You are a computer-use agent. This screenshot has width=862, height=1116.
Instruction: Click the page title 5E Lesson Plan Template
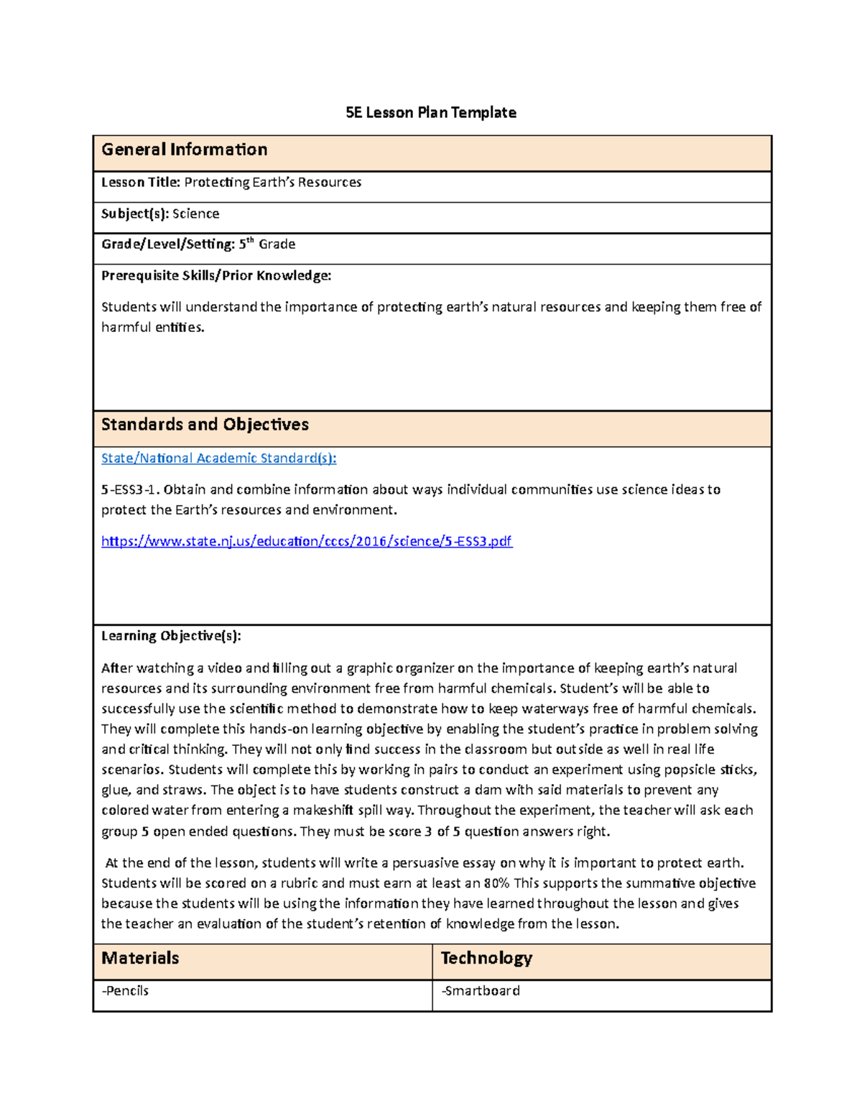[x=430, y=113]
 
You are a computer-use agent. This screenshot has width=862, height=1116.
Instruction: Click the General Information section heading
[x=185, y=149]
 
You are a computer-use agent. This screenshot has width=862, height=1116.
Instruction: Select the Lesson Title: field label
[x=141, y=183]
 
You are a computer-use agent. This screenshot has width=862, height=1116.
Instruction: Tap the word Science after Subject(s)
[x=195, y=213]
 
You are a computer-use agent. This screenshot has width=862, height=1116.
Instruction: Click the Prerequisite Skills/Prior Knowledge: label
[x=216, y=275]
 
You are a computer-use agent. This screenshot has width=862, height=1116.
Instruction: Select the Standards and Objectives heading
[x=205, y=425]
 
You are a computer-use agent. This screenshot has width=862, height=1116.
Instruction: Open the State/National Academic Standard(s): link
[x=218, y=458]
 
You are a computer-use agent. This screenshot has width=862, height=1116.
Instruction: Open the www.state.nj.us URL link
[x=307, y=541]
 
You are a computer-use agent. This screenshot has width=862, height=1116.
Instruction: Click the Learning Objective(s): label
[x=171, y=636]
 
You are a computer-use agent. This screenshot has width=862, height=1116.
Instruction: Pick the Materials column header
[x=140, y=958]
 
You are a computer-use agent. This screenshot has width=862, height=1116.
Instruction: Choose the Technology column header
[x=486, y=958]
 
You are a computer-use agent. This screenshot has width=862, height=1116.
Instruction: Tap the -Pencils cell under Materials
[x=126, y=991]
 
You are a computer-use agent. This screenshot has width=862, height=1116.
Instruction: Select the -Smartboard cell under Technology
[x=481, y=991]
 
